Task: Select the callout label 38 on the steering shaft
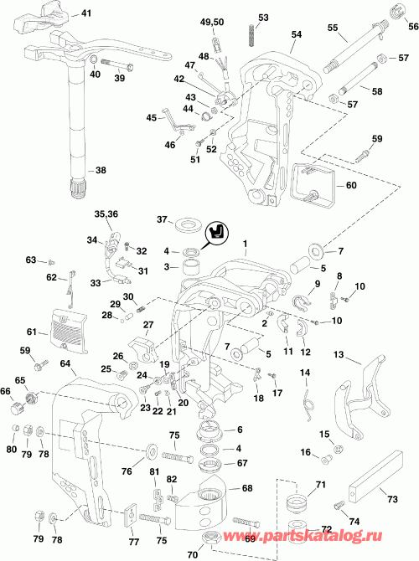tap(101, 170)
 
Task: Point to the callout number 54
tap(295, 34)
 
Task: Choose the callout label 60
tap(349, 186)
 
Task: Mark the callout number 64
tap(65, 363)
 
